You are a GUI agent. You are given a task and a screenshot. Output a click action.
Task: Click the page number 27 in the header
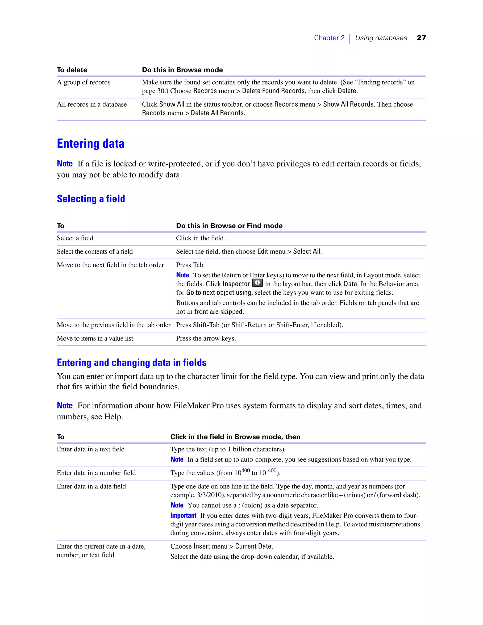click(x=421, y=38)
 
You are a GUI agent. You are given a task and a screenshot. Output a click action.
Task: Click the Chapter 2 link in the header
click(x=329, y=38)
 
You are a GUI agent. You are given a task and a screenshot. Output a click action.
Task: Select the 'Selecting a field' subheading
click(x=91, y=199)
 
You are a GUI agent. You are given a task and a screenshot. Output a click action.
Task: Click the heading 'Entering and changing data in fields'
click(x=131, y=362)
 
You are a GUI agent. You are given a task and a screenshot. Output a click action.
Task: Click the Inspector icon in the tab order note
click(x=257, y=283)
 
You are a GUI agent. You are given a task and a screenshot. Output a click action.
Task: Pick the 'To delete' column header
click(x=72, y=70)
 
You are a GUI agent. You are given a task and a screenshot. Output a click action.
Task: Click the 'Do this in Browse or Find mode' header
click(x=229, y=225)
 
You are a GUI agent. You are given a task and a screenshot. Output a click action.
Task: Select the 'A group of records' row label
click(x=83, y=82)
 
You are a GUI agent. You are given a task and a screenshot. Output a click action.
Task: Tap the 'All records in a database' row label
click(x=92, y=104)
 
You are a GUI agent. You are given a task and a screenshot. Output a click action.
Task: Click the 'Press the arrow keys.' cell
click(x=206, y=338)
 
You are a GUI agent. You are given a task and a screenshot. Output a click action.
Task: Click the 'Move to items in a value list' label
click(x=95, y=338)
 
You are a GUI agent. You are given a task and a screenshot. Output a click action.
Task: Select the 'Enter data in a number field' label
click(x=96, y=473)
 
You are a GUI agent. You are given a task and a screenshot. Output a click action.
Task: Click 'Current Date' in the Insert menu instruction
click(x=253, y=546)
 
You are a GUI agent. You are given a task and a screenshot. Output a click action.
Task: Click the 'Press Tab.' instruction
click(x=190, y=265)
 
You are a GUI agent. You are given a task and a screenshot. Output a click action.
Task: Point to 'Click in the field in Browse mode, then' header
click(x=235, y=437)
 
